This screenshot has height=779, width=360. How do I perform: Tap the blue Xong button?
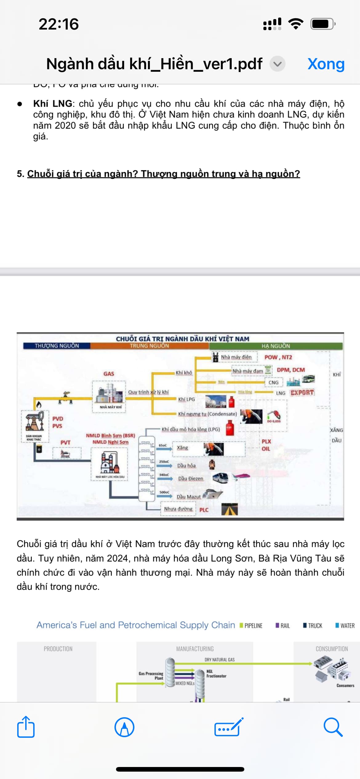tap(326, 64)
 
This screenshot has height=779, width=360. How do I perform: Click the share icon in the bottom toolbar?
tap(26, 727)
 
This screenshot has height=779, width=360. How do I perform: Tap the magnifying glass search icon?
tap(333, 727)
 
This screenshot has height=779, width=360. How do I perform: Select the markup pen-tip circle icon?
tap(124, 727)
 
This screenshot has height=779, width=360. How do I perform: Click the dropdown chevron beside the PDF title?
tap(278, 64)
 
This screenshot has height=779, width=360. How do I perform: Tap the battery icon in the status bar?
tap(322, 24)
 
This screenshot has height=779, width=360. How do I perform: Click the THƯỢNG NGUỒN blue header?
tap(57, 346)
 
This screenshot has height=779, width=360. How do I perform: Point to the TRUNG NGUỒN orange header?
tap(149, 346)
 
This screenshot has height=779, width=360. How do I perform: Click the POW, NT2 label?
tap(278, 357)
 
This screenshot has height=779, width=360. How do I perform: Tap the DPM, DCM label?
tap(291, 370)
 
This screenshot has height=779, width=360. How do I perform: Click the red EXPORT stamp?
tap(302, 393)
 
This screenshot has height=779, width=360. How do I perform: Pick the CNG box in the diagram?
tap(274, 382)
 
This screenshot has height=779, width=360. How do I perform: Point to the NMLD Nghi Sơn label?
tap(110, 442)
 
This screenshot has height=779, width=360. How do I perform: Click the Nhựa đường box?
tap(178, 509)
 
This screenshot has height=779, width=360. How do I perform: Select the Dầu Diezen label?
tap(191, 478)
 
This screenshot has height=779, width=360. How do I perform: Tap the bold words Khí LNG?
tap(53, 104)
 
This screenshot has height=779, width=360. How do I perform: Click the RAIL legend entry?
tap(283, 625)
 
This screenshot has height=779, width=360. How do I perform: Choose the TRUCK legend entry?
tap(313, 625)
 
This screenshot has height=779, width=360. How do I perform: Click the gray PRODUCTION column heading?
tap(58, 649)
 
